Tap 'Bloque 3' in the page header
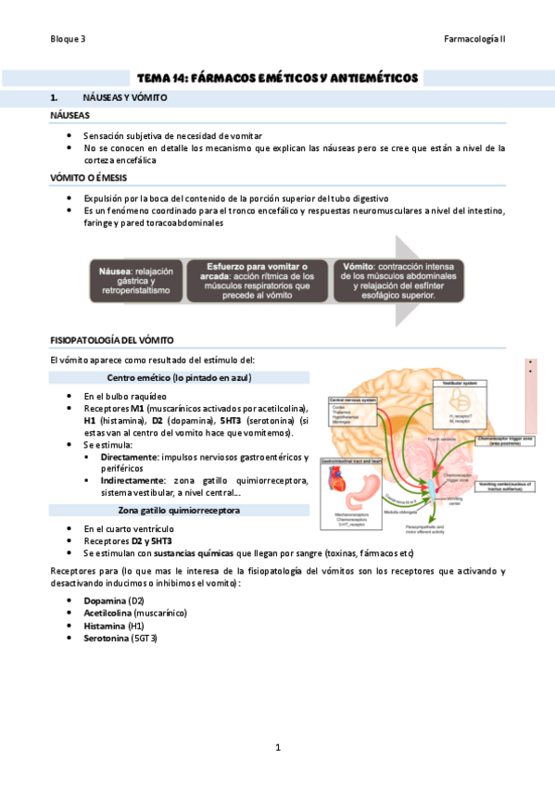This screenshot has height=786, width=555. click(69, 39)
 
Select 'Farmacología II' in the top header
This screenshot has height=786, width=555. click(474, 39)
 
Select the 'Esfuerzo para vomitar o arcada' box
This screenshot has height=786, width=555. click(252, 279)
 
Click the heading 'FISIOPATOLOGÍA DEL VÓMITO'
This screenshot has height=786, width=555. click(112, 341)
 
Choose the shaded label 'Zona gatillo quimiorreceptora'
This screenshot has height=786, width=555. click(179, 510)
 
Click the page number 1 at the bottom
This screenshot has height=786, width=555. click(277, 746)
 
